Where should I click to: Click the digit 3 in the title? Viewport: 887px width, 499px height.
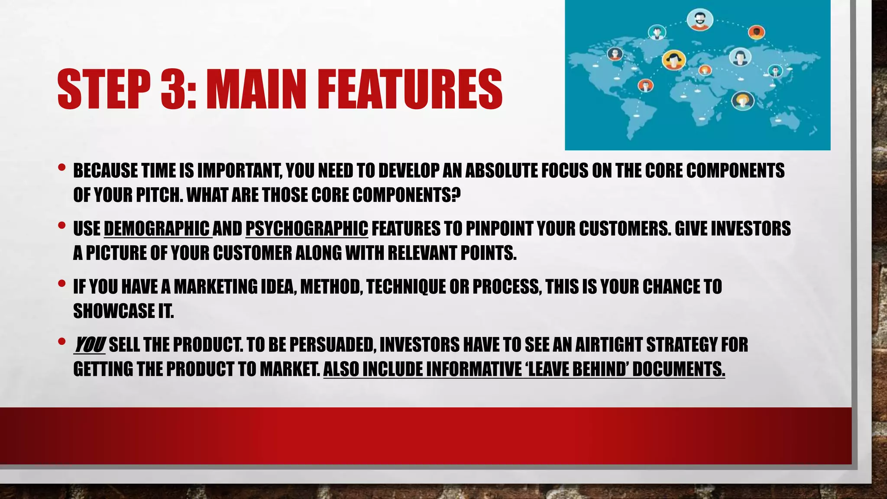coord(172,89)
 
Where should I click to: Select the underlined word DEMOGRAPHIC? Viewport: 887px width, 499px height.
coord(157,229)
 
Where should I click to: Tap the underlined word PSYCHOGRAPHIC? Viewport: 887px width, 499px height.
coord(307,229)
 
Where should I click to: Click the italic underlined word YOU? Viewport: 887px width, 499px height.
coord(89,345)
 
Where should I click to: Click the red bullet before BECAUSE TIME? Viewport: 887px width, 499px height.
coord(62,167)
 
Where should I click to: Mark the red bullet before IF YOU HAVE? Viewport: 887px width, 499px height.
coord(62,283)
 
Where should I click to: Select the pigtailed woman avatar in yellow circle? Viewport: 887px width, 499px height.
coord(674,59)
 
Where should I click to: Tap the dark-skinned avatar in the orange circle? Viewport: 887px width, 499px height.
coord(756,32)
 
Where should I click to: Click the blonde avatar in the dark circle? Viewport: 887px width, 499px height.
coord(743,101)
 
